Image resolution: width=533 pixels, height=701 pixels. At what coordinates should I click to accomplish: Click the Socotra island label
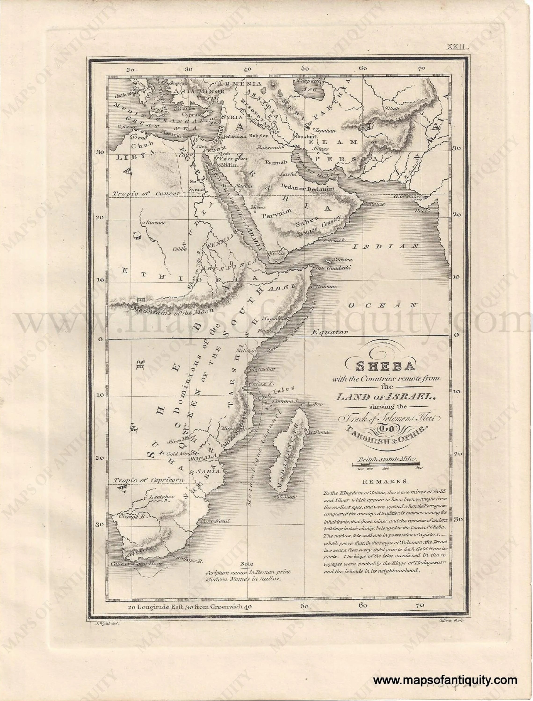pyautogui.click(x=341, y=260)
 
